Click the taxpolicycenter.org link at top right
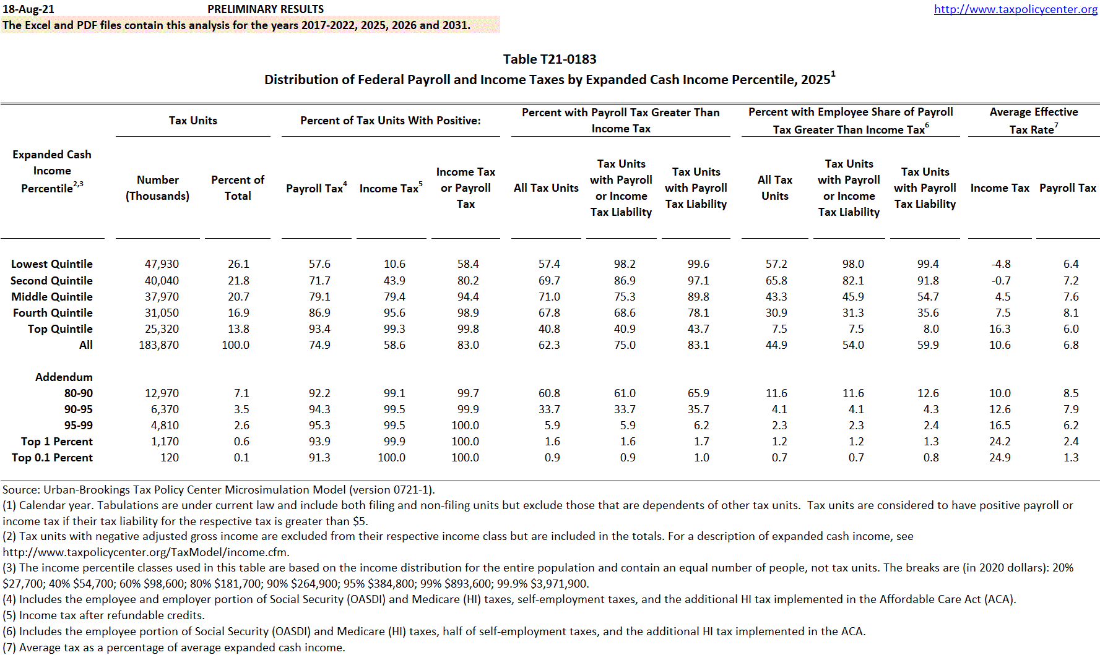point(1015,9)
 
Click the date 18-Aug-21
point(28,9)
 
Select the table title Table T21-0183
point(550,59)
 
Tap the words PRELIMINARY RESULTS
point(266,9)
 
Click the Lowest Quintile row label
point(52,264)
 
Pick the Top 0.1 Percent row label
point(53,458)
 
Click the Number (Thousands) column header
point(157,188)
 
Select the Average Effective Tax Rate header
point(1033,121)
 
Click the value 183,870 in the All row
point(159,345)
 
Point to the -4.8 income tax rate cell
point(1001,264)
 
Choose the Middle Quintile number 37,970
point(162,297)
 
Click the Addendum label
point(64,377)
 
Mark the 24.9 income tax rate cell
point(1000,458)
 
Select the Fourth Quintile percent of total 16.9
point(238,313)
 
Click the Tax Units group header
point(193,121)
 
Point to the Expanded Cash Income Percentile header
point(52,171)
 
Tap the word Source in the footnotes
point(21,490)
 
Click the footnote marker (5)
point(9,615)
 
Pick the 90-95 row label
point(79,409)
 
